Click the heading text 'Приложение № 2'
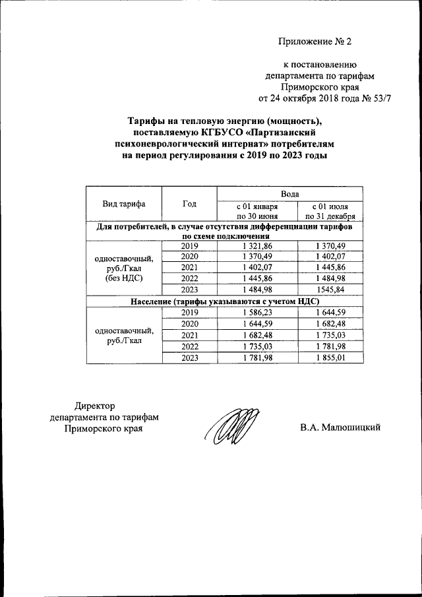pyautogui.click(x=315, y=42)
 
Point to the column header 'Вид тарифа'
pyautogui.click(x=123, y=204)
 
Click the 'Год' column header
pyautogui.click(x=189, y=204)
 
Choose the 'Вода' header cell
pyautogui.click(x=290, y=193)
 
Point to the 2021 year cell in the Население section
pyautogui.click(x=189, y=335)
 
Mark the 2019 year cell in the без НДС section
pyautogui.click(x=189, y=245)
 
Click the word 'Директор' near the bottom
pyautogui.click(x=95, y=405)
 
